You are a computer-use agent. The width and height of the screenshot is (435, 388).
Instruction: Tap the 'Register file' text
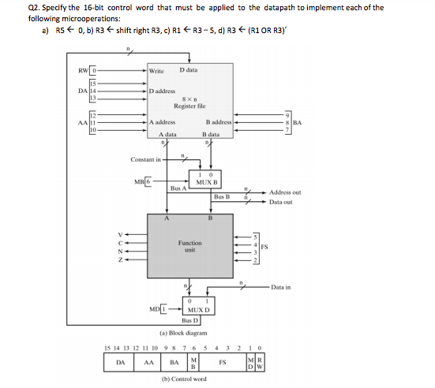click(x=190, y=106)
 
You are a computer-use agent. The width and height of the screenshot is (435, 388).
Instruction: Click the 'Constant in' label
click(x=147, y=159)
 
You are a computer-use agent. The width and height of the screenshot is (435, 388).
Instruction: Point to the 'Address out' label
click(x=285, y=192)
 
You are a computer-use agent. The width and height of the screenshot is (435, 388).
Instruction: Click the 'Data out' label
click(x=280, y=202)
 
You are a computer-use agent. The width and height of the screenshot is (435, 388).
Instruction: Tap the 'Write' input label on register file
click(x=156, y=72)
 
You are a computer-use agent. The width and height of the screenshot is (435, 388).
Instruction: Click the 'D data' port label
click(x=189, y=71)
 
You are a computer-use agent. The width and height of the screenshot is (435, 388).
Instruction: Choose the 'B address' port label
click(x=217, y=123)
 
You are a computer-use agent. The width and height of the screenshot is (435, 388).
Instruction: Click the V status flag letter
click(x=121, y=234)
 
